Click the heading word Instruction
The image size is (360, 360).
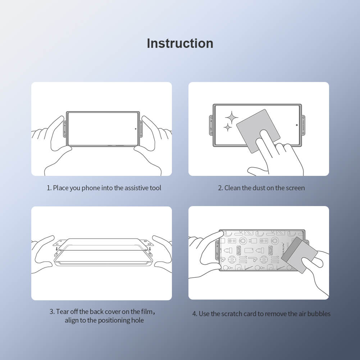click(x=180, y=43)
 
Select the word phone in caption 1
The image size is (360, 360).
click(x=91, y=188)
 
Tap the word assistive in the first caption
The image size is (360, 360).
click(x=137, y=188)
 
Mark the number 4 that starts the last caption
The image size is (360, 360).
click(x=194, y=314)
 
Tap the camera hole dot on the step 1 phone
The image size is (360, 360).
click(x=136, y=128)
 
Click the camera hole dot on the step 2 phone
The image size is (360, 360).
click(x=297, y=125)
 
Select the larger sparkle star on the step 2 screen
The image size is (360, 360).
click(x=231, y=117)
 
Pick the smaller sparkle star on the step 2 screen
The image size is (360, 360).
click(x=227, y=127)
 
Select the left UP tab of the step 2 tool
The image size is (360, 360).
click(x=211, y=125)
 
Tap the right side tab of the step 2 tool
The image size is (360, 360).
click(x=304, y=125)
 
